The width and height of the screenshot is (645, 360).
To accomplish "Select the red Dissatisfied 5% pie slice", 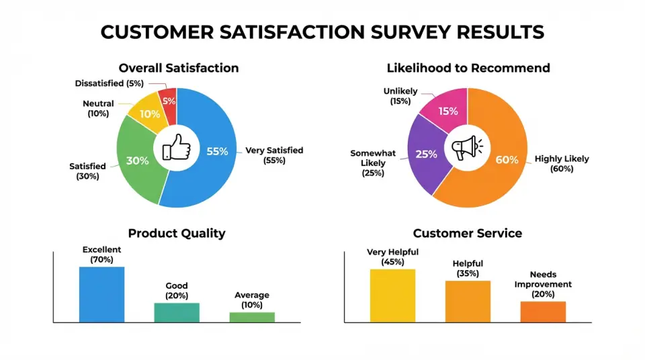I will pyautogui.click(x=169, y=103).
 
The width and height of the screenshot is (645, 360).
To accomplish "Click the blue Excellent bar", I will pyautogui.click(x=101, y=294).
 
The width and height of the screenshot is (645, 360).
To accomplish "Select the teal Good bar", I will pyautogui.click(x=177, y=312).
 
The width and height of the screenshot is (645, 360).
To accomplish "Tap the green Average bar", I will pyautogui.click(x=252, y=317).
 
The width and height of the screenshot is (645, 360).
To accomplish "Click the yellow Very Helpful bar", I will pyautogui.click(x=392, y=296).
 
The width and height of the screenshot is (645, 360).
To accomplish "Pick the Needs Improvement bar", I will pyautogui.click(x=543, y=312).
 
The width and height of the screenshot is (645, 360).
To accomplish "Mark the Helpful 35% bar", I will pyautogui.click(x=468, y=302).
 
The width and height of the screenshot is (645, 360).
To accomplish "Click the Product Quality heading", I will pyautogui.click(x=177, y=234).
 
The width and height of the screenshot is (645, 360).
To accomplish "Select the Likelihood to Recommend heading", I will pyautogui.click(x=468, y=68).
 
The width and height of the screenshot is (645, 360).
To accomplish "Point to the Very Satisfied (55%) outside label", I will pyautogui.click(x=274, y=155).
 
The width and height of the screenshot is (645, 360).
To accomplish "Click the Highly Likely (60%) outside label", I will pyautogui.click(x=562, y=164).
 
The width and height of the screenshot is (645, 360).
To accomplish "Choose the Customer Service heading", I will pyautogui.click(x=468, y=234).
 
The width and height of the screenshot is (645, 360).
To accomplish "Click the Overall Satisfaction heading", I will pyautogui.click(x=178, y=68).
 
